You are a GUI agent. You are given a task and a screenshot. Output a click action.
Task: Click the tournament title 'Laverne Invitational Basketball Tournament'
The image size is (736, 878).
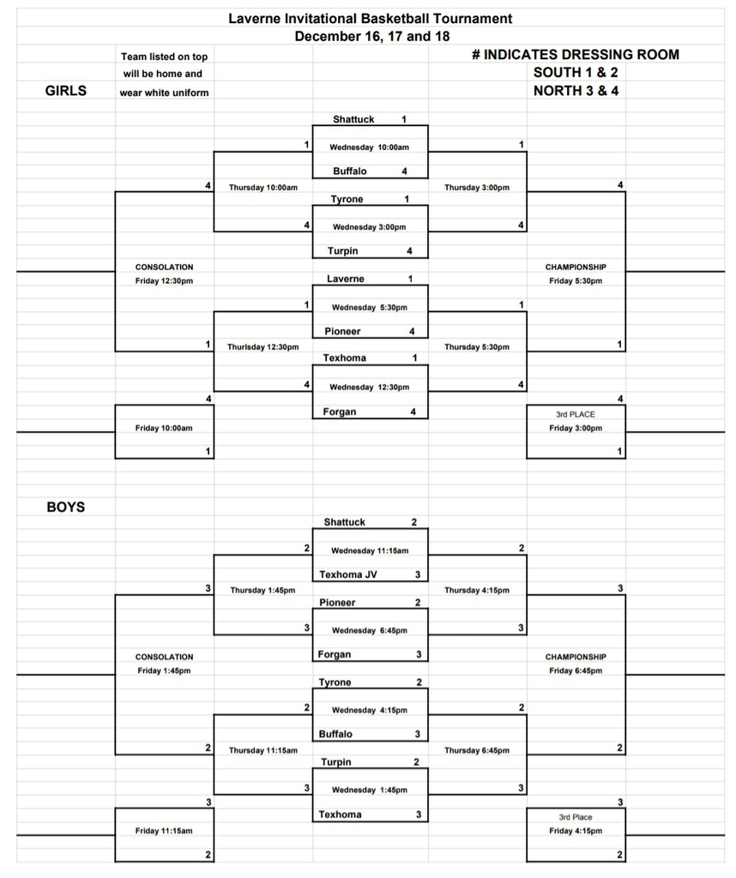(371, 19)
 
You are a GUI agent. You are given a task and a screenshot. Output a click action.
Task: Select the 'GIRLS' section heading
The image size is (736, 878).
(66, 91)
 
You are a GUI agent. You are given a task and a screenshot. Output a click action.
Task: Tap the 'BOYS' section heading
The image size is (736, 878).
(66, 508)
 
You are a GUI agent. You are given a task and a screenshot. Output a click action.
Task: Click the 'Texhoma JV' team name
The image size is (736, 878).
(347, 574)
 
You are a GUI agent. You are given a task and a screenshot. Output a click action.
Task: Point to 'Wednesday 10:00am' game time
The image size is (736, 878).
(369, 147)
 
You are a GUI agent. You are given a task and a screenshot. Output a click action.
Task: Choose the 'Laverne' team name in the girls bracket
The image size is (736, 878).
(346, 279)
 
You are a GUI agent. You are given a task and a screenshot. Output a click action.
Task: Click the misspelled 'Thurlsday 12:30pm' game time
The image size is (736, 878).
(262, 347)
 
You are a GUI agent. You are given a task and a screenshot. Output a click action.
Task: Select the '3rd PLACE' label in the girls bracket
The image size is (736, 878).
(576, 414)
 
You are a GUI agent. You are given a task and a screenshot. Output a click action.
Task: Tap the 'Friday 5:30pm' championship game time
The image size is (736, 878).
(576, 281)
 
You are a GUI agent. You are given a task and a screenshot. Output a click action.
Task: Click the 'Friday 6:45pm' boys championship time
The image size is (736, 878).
(576, 671)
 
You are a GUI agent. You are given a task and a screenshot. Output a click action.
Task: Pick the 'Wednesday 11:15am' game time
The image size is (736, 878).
(370, 551)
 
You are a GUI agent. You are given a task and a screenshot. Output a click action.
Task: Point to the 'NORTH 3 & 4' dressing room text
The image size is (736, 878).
(576, 91)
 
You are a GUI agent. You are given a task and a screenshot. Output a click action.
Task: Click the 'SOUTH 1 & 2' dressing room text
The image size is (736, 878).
(576, 72)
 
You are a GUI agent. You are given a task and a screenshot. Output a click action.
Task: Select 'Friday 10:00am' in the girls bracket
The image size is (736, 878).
(164, 429)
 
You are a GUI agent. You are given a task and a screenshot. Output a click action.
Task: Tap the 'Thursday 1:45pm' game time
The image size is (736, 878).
(262, 590)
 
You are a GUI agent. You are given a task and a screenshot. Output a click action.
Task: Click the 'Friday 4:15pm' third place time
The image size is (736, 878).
(576, 831)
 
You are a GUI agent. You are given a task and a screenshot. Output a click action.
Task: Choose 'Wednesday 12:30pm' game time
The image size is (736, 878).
(369, 387)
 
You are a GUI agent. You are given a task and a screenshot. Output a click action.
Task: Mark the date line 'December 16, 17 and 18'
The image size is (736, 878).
(372, 36)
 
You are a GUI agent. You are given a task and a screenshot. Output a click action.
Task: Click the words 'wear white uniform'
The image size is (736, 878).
(164, 93)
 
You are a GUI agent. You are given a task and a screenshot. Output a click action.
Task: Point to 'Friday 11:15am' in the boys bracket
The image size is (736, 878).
(164, 831)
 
